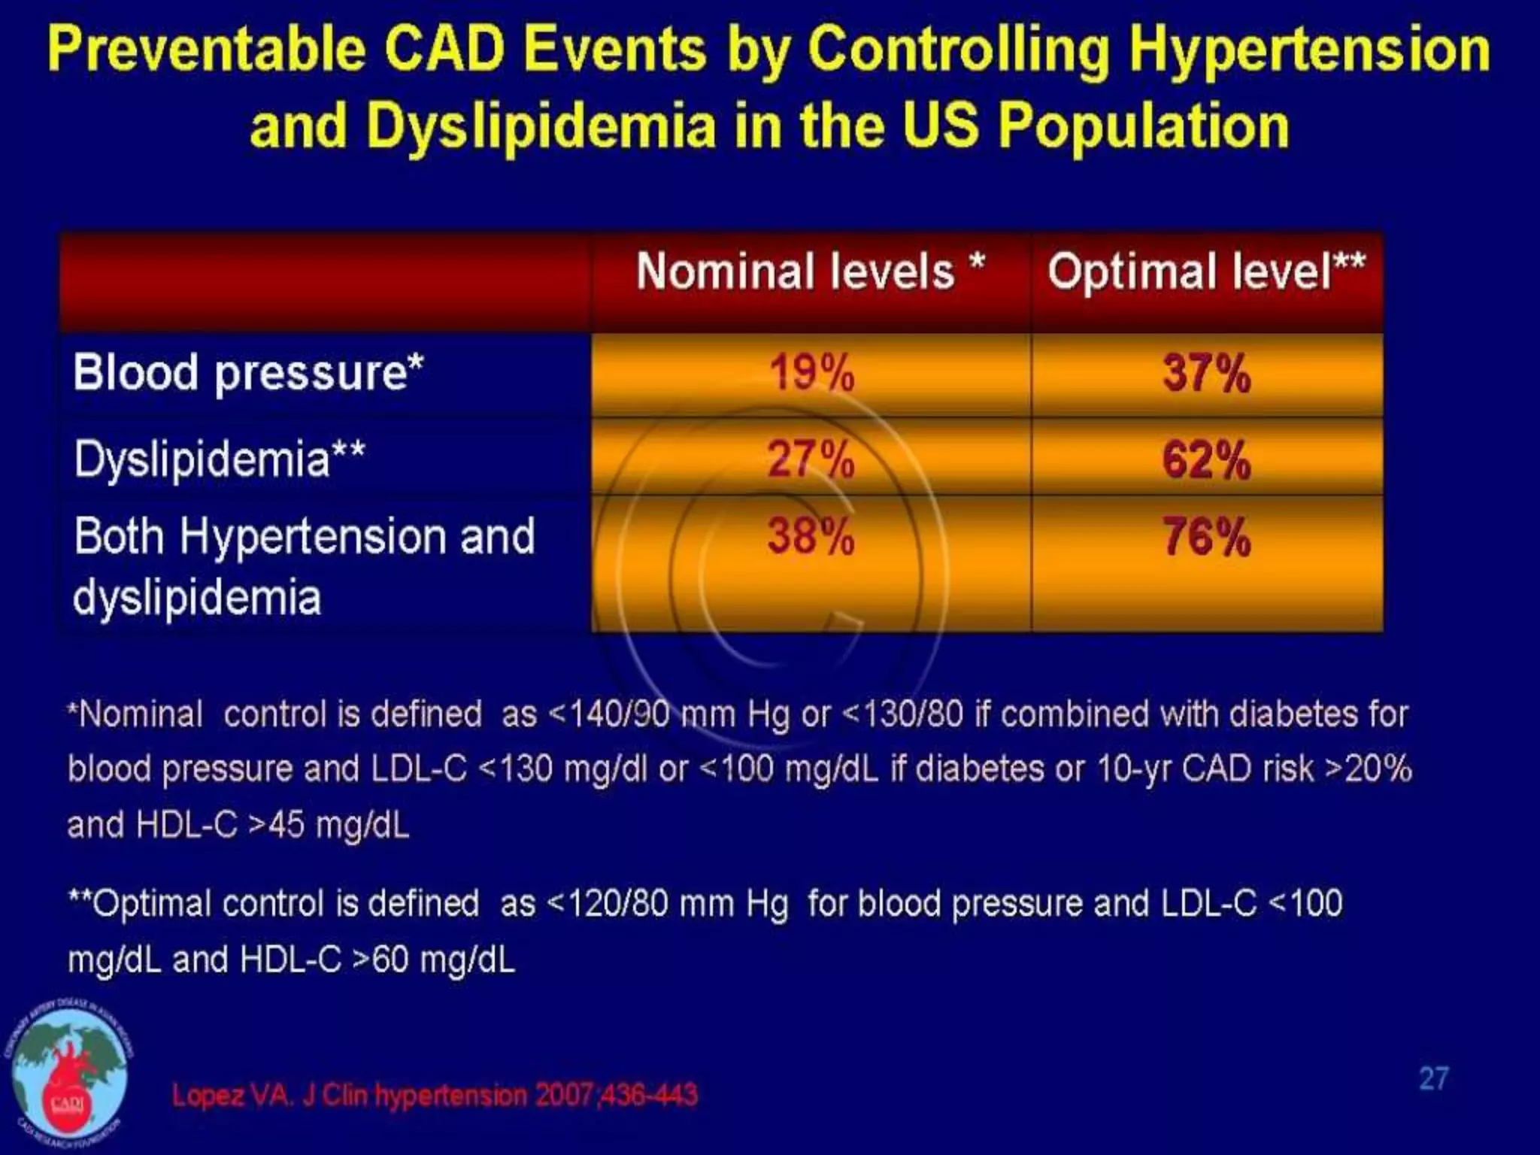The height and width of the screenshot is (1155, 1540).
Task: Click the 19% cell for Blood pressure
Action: tap(811, 373)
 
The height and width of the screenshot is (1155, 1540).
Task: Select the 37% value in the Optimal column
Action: tap(1206, 373)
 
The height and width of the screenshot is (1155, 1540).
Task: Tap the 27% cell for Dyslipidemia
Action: tap(811, 459)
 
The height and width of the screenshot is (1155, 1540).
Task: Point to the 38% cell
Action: tap(811, 537)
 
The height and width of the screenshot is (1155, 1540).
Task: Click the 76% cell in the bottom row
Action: tap(1206, 537)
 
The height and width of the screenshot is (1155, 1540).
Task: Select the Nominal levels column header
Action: tap(811, 271)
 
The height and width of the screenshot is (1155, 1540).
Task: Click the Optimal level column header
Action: tap(1206, 271)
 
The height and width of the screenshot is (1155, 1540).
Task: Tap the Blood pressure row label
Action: tap(248, 373)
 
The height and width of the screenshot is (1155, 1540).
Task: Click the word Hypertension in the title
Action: tap(1309, 50)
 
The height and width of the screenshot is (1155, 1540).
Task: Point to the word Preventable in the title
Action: tap(207, 50)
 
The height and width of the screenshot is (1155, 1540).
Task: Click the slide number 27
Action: tap(1433, 1078)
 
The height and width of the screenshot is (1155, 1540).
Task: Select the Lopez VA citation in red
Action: tap(435, 1095)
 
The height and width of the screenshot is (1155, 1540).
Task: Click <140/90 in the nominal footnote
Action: tap(610, 714)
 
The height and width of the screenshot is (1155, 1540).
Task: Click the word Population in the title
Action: tap(1144, 126)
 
